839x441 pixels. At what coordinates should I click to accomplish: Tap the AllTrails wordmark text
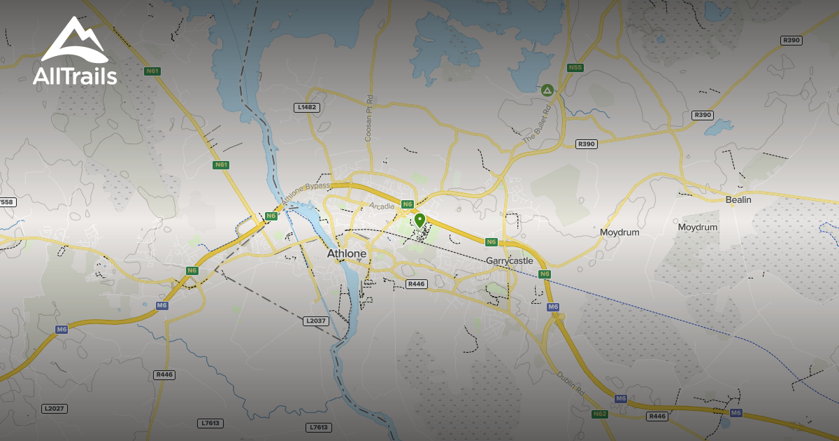75,76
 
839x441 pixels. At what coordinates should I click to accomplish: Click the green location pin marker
419,220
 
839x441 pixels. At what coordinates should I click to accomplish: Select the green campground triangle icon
547,90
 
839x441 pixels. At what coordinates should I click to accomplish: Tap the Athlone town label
347,253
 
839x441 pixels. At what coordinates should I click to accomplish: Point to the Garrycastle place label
510,260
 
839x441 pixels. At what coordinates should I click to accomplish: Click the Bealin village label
738,199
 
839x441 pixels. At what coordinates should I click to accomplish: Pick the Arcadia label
382,206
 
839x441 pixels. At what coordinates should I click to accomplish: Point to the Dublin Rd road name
571,384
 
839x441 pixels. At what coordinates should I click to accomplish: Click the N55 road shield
575,68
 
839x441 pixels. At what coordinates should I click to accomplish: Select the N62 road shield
600,414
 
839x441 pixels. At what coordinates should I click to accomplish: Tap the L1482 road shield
307,107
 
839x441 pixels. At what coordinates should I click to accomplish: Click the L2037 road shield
316,321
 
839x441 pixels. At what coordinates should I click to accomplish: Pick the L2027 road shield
54,408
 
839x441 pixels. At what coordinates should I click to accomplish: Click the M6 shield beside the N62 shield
621,398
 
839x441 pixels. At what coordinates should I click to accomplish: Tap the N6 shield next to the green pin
408,204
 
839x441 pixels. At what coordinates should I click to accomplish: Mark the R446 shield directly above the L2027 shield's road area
164,374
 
